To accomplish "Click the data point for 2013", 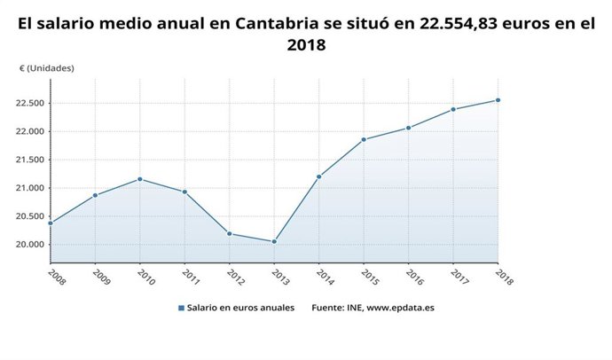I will [274, 241].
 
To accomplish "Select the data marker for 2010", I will [140, 179].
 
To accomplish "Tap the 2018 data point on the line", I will [498, 100].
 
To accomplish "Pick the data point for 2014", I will [318, 176].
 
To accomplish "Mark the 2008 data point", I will [51, 223].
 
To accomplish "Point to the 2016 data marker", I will [408, 128].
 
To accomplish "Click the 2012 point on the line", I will [230, 233].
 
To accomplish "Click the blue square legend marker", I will [181, 309].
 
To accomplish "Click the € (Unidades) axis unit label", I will [46, 68].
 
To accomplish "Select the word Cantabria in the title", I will [278, 25].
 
